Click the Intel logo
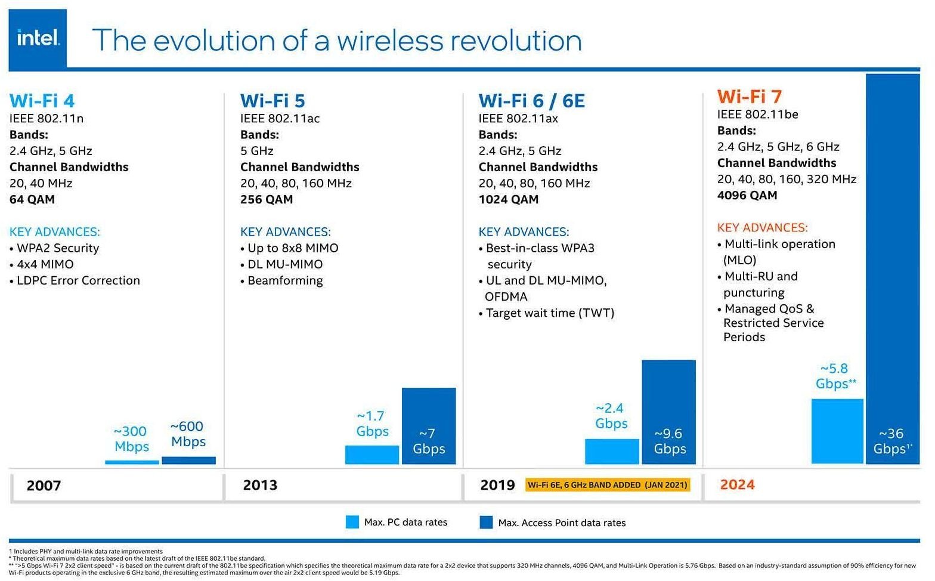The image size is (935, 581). click(38, 39)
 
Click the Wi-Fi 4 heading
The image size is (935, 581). click(42, 100)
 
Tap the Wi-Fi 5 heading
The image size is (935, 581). click(273, 100)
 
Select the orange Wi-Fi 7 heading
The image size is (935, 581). click(749, 96)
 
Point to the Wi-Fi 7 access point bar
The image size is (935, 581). click(892, 268)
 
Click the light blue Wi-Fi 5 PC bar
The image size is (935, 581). click(371, 455)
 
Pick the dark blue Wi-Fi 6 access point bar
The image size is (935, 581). click(668, 412)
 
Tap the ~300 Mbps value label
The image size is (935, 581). click(131, 438)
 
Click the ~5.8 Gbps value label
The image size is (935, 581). click(835, 376)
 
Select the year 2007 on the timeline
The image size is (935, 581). click(44, 485)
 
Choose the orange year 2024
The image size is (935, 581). click(737, 484)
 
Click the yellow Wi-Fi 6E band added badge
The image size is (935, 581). click(607, 484)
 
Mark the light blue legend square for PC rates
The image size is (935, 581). click(352, 522)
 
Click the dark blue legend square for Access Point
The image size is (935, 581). click(486, 523)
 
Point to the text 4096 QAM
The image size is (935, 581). click(747, 195)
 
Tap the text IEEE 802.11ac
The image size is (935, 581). click(280, 118)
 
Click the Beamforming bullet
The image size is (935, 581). click(284, 280)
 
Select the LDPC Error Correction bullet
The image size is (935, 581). click(78, 280)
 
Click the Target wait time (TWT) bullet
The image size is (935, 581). click(549, 313)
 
